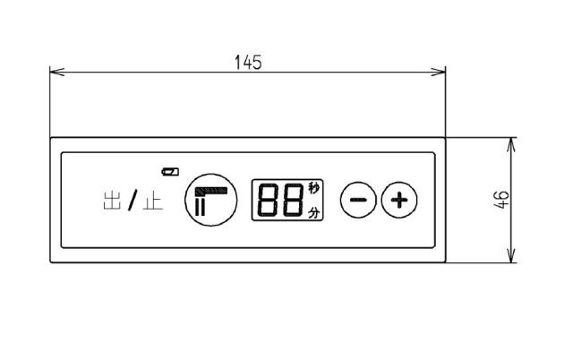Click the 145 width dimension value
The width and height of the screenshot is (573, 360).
coord(248,62)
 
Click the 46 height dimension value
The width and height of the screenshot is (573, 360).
coord(501,200)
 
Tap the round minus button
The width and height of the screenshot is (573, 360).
coord(358,200)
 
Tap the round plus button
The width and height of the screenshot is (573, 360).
coord(399,200)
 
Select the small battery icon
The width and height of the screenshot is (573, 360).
coord(170,171)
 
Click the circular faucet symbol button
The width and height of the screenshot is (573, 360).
coord(211,200)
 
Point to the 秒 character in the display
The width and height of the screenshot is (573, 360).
coord(313,188)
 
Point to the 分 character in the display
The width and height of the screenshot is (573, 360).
coord(313,212)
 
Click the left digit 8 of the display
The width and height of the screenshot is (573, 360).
coord(269,200)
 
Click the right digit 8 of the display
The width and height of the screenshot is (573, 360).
coord(294,200)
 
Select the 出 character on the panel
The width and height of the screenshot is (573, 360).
coord(112,201)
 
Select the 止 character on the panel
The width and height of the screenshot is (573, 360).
coord(153,201)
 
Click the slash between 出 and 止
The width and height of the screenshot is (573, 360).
coord(133,201)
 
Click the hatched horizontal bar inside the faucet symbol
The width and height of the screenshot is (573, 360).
coord(211,191)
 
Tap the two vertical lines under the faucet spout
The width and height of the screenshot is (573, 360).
coord(201,207)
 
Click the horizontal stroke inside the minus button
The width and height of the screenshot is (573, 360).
coord(358,200)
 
